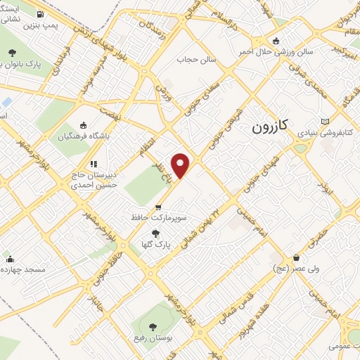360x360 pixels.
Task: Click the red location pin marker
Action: tap(181, 165)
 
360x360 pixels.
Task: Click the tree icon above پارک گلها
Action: tap(155, 233)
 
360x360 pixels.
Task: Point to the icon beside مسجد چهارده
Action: tap(9, 259)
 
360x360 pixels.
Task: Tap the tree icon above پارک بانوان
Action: tap(12, 53)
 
